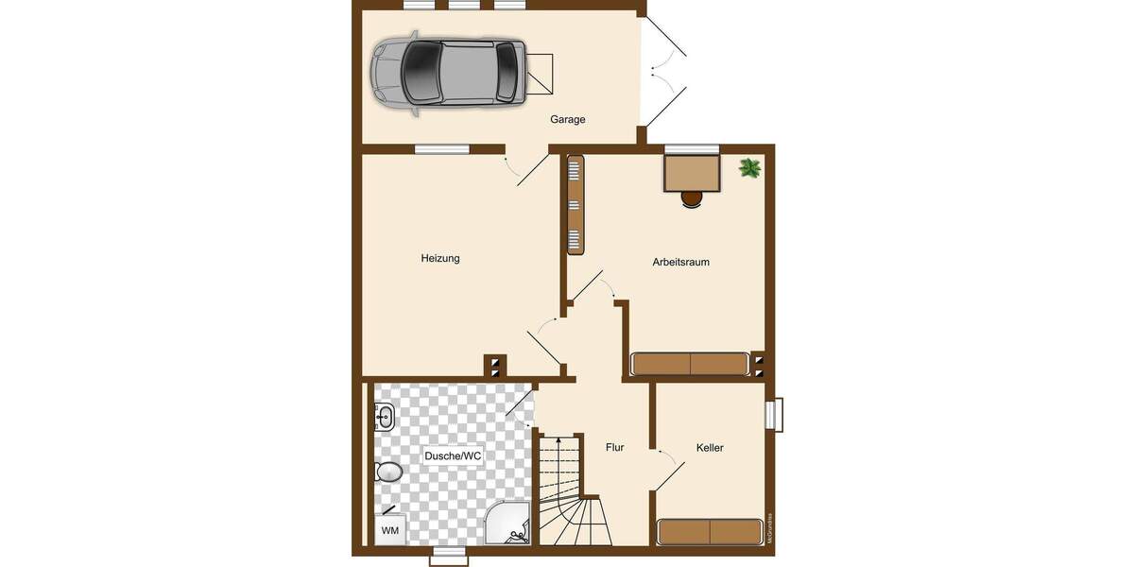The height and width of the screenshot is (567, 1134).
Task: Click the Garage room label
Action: [x=568, y=120]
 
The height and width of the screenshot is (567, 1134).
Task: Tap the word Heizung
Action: [x=440, y=258]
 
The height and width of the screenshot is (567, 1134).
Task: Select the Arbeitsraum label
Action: [x=680, y=262]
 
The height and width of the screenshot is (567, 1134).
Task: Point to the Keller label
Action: [x=710, y=448]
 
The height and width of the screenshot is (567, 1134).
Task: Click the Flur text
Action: [x=614, y=448]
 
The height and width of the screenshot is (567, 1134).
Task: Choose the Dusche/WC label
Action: [x=453, y=456]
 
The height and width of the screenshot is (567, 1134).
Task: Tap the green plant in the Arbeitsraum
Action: [x=750, y=169]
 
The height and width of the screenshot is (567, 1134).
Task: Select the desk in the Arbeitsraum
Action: [x=692, y=174]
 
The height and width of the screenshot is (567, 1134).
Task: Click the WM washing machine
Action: [x=390, y=531]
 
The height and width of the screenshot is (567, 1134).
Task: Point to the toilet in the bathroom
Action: [x=388, y=471]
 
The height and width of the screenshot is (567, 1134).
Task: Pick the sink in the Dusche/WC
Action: [x=384, y=417]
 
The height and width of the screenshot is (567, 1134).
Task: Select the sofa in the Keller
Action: [x=710, y=531]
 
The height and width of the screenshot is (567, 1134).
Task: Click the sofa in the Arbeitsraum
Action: [x=691, y=365]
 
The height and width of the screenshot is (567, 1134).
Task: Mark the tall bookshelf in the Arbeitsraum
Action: [x=575, y=204]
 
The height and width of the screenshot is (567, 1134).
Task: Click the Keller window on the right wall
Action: [x=775, y=415]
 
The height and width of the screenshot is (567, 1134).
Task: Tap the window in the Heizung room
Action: [x=441, y=148]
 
